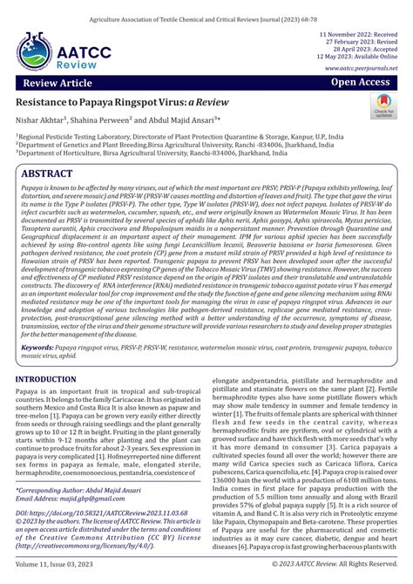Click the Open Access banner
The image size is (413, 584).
pos(360,82)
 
